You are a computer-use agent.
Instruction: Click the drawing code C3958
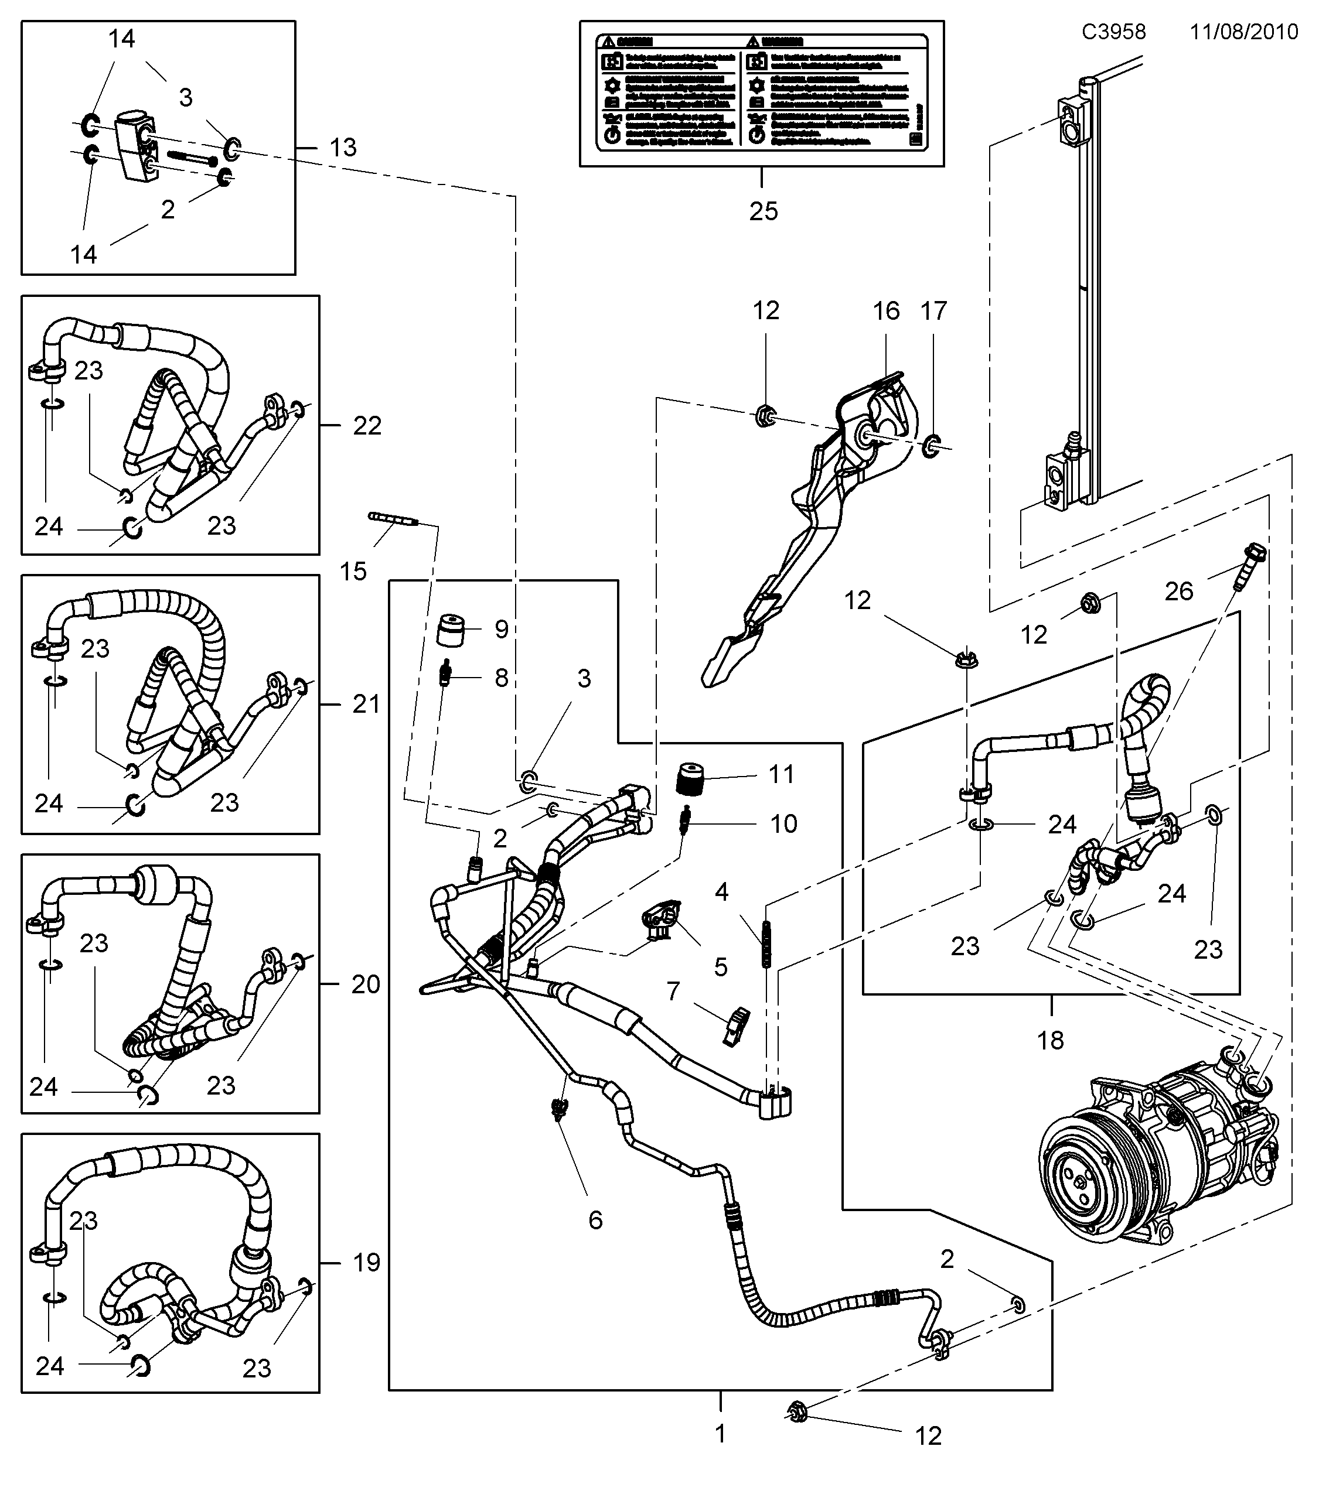[1113, 32]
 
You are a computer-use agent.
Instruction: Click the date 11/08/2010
[1243, 32]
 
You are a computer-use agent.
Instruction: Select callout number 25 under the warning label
[764, 211]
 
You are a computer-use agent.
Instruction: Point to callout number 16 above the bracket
[885, 312]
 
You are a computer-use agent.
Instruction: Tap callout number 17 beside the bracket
[933, 312]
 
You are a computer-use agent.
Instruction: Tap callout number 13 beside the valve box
[342, 148]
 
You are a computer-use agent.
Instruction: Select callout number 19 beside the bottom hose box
[366, 1262]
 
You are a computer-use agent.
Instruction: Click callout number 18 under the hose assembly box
[1051, 1040]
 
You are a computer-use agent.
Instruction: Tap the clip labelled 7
[735, 1025]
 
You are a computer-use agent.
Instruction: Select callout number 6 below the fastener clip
[595, 1219]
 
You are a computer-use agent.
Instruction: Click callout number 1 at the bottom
[720, 1433]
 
